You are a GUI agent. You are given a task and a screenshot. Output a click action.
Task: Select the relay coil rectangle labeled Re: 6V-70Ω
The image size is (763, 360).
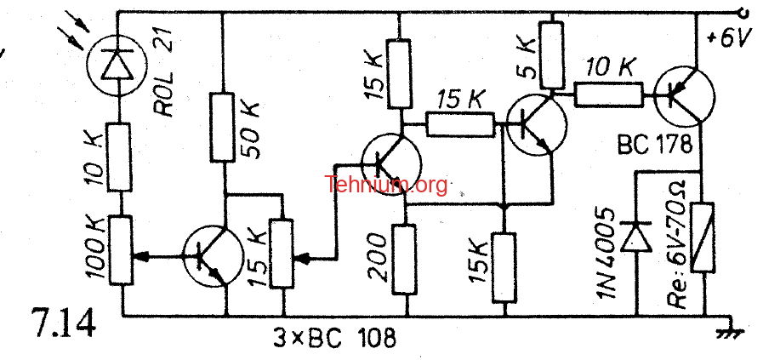703,237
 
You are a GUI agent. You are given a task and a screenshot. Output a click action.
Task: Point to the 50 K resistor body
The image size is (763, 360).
223,127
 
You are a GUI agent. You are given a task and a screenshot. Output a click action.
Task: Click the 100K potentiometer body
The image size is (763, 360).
121,251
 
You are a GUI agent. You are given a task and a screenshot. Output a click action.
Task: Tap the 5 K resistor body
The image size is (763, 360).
551,55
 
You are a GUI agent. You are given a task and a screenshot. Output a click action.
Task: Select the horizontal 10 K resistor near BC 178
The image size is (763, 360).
609,94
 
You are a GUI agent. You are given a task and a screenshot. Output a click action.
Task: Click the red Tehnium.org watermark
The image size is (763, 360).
386,186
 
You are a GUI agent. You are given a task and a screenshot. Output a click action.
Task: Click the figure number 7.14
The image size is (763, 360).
63,322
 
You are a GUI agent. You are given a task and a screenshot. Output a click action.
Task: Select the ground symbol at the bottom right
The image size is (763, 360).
732,331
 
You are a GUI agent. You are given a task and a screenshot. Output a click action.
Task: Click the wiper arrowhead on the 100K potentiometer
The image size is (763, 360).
140,256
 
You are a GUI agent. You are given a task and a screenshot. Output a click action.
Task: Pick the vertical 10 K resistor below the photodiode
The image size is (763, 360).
119,157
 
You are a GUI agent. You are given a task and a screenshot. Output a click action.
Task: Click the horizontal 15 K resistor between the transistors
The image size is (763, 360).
460,124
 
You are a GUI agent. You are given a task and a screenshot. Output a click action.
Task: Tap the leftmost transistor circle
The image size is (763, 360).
213,255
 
